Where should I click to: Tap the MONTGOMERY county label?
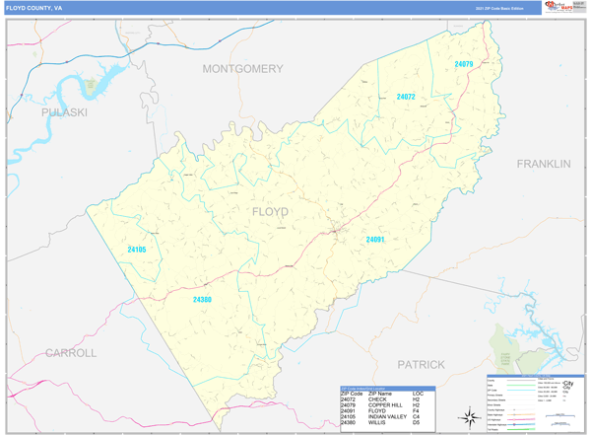[x=242, y=69]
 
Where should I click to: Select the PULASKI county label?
[x=64, y=113]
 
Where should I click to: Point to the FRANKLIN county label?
[x=544, y=164]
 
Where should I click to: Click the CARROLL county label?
[x=71, y=352]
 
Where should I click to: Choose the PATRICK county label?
[x=421, y=364]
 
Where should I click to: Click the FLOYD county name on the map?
[x=270, y=212]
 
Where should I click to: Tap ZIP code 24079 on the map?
[x=464, y=64]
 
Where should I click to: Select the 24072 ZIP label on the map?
[x=406, y=97]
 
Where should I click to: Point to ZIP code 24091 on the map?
[x=375, y=240]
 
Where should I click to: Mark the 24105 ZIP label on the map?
[x=136, y=250]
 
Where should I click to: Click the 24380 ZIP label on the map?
[x=202, y=299]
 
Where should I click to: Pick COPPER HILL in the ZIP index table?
[x=384, y=404]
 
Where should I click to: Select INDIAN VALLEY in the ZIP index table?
[x=387, y=416]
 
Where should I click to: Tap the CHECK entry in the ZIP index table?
[x=376, y=399]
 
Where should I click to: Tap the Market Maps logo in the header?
[x=557, y=8]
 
